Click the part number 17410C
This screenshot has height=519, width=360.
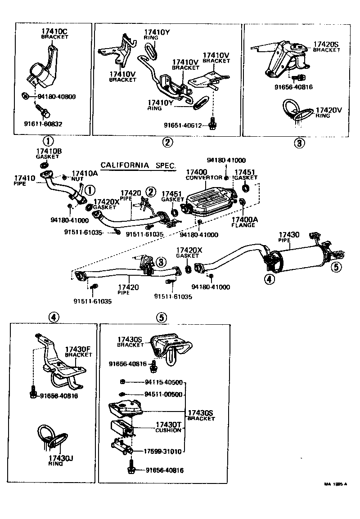tap(54, 31)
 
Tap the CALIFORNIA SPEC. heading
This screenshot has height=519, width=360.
tap(137, 166)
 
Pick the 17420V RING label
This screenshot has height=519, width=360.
tap(328, 112)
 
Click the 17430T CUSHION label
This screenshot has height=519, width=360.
tap(168, 427)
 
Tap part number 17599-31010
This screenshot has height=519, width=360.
tap(163, 451)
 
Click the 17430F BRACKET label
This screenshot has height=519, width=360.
tap(78, 351)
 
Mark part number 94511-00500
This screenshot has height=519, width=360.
tap(163, 394)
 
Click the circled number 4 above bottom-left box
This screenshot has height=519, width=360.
tap(53, 318)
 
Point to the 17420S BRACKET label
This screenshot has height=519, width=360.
tap(327, 47)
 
